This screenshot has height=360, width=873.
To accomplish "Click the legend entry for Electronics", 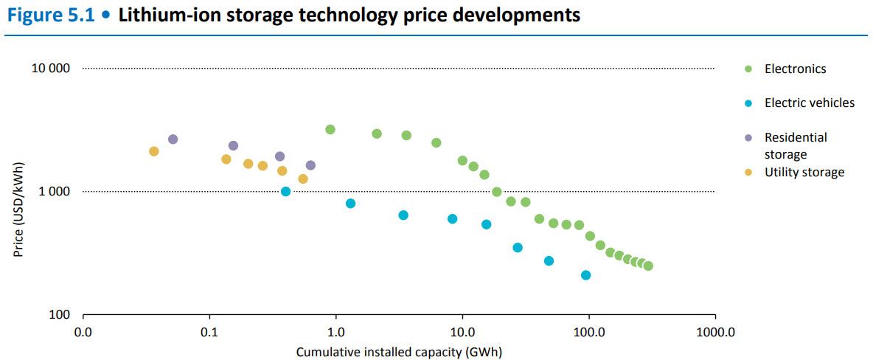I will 795,69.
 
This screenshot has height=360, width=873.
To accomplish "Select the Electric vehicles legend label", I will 809,103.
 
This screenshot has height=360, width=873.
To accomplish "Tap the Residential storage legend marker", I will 748,137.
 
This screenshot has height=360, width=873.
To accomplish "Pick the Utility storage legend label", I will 804,172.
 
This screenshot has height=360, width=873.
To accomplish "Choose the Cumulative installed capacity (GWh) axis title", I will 399,352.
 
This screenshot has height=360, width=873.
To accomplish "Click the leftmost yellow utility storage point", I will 154,151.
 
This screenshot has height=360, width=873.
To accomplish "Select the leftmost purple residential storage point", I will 173,139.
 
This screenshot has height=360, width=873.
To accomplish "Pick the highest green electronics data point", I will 330,130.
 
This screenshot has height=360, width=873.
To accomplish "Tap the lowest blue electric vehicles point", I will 586,275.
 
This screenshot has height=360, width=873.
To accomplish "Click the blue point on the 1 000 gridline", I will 286,192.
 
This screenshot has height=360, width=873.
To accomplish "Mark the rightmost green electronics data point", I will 648,266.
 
